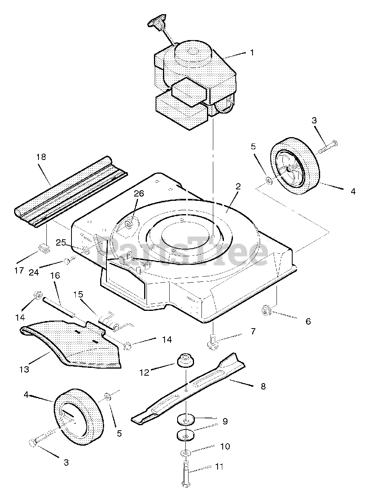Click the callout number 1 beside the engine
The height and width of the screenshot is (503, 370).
click(x=252, y=52)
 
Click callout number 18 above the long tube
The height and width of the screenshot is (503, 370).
click(x=41, y=157)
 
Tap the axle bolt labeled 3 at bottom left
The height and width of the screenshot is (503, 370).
click(x=38, y=440)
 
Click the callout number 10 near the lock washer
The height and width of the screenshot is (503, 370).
click(x=225, y=447)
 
